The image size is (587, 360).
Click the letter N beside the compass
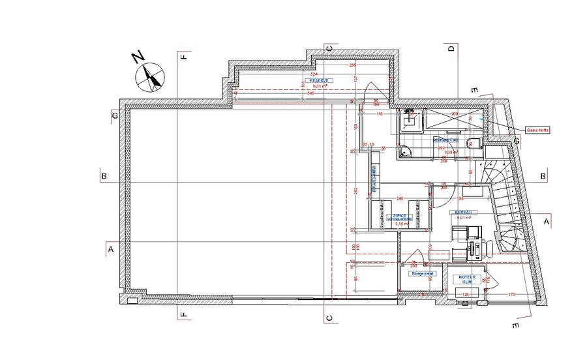138,57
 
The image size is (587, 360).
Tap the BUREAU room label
464,212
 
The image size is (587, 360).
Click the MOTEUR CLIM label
466,279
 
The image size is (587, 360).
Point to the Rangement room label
422,274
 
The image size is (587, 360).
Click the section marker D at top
450,48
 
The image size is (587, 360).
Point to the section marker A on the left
111,249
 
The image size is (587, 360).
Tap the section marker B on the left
103,175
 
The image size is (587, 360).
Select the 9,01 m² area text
464,218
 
